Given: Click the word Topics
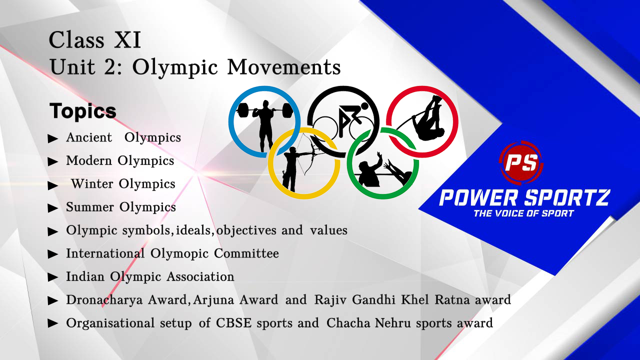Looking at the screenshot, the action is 83,111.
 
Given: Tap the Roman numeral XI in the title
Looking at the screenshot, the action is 127,40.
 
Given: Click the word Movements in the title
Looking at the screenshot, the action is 284,67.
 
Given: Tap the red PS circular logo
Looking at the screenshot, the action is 521,162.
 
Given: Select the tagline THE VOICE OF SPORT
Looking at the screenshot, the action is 523,213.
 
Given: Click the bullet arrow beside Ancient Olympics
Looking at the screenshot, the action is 53,139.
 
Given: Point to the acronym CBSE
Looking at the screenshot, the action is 233,323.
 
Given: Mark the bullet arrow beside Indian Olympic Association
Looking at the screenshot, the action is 53,277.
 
